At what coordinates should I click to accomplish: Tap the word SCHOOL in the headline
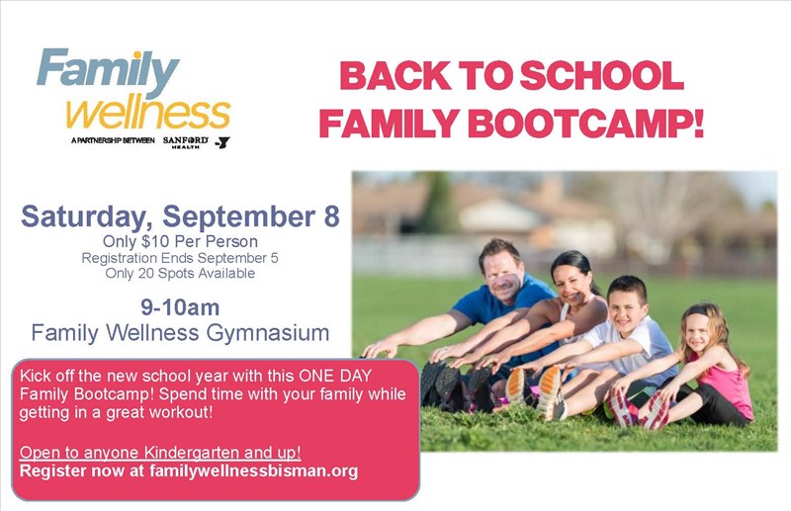point(602,75)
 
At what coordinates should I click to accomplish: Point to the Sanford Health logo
point(185,141)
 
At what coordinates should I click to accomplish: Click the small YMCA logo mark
point(222,142)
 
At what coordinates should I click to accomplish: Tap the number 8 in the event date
point(331,215)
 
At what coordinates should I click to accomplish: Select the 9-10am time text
point(180,307)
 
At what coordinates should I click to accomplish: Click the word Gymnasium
point(268,333)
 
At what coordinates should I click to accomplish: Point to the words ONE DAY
point(335,376)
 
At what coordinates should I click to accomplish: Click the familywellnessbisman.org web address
point(254,471)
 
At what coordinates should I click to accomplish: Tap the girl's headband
point(697,312)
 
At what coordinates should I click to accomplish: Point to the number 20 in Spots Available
point(146,274)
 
